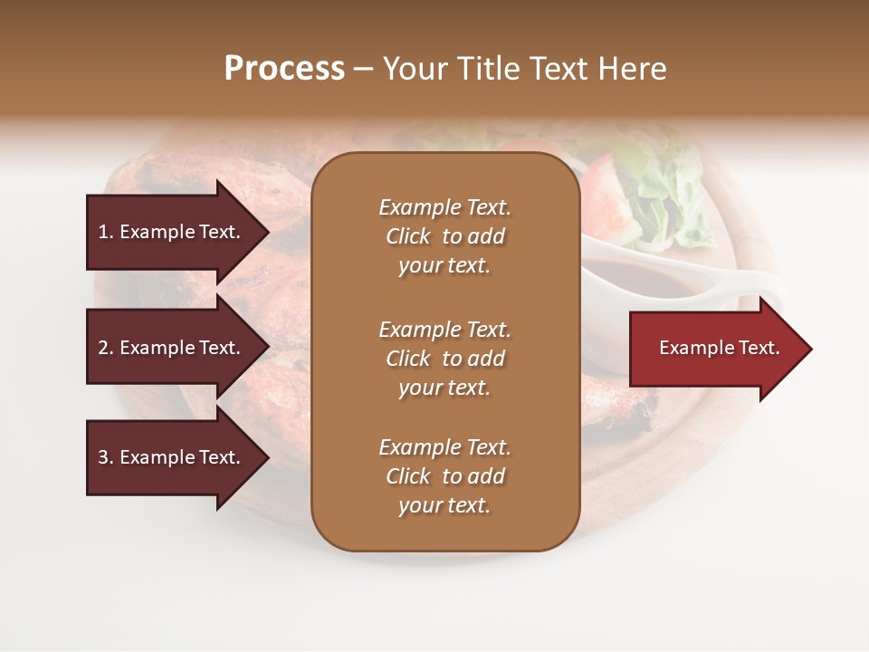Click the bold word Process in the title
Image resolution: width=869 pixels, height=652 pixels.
click(x=284, y=69)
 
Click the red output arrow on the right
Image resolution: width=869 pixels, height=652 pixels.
click(x=715, y=349)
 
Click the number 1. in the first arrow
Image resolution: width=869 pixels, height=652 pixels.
click(x=106, y=232)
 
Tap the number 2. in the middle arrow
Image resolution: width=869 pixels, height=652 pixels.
click(x=106, y=348)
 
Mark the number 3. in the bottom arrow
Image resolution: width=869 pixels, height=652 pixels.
click(x=106, y=457)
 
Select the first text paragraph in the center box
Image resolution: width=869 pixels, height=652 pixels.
click(x=444, y=236)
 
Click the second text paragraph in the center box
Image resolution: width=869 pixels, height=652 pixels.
click(x=444, y=359)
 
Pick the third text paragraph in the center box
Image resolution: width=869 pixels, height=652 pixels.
click(x=444, y=476)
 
